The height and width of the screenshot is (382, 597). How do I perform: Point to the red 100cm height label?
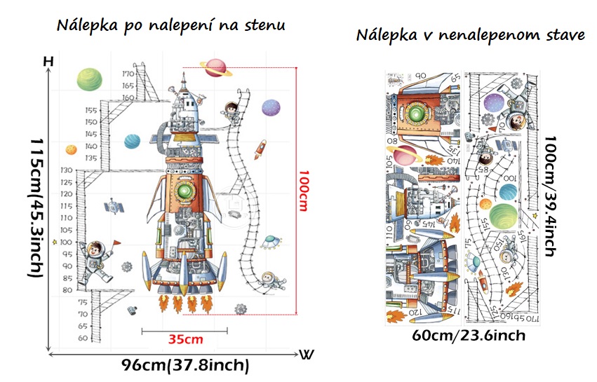304,191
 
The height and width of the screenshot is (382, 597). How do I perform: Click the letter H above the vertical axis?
48,62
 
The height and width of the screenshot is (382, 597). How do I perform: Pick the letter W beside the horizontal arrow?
307,354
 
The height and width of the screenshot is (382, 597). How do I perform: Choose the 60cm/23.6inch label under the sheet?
469,336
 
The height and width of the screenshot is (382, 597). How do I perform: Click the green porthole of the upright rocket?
185,193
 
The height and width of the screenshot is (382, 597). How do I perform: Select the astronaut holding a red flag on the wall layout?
96,260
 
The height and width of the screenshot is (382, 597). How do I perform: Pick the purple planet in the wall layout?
271,107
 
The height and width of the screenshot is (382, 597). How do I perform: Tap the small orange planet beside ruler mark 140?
71,149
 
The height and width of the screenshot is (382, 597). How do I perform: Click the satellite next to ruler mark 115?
112,208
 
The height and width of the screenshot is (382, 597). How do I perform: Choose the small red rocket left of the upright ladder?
260,148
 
